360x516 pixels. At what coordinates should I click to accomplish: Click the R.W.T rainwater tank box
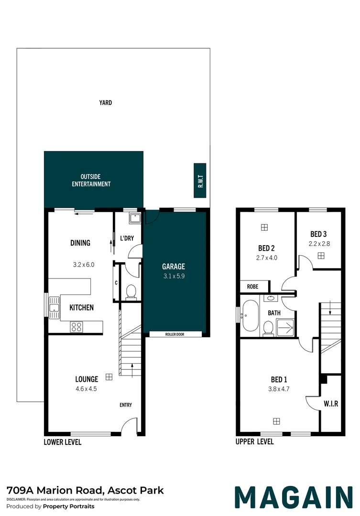click(199, 180)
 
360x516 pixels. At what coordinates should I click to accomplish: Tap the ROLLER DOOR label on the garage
click(175, 334)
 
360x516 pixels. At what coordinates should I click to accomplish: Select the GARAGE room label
click(174, 266)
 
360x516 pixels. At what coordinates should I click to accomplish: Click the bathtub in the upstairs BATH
click(251, 316)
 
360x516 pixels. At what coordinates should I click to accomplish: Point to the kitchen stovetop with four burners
click(76, 327)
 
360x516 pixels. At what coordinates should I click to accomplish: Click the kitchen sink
click(54, 308)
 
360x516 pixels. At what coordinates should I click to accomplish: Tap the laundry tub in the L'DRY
click(135, 218)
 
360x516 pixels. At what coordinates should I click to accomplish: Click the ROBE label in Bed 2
click(252, 287)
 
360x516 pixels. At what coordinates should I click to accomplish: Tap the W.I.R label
click(331, 403)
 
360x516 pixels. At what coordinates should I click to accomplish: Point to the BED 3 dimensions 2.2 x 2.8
click(319, 244)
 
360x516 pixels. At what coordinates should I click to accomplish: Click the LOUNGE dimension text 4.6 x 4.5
click(86, 388)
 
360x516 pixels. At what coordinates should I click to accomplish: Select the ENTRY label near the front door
click(125, 405)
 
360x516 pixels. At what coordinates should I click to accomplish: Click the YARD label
click(105, 103)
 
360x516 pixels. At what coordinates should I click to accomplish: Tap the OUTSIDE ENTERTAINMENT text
click(91, 180)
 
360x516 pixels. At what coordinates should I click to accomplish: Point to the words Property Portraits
click(68, 506)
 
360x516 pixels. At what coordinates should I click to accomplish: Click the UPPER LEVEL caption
click(255, 441)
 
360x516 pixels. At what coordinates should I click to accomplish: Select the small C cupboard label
click(116, 283)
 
